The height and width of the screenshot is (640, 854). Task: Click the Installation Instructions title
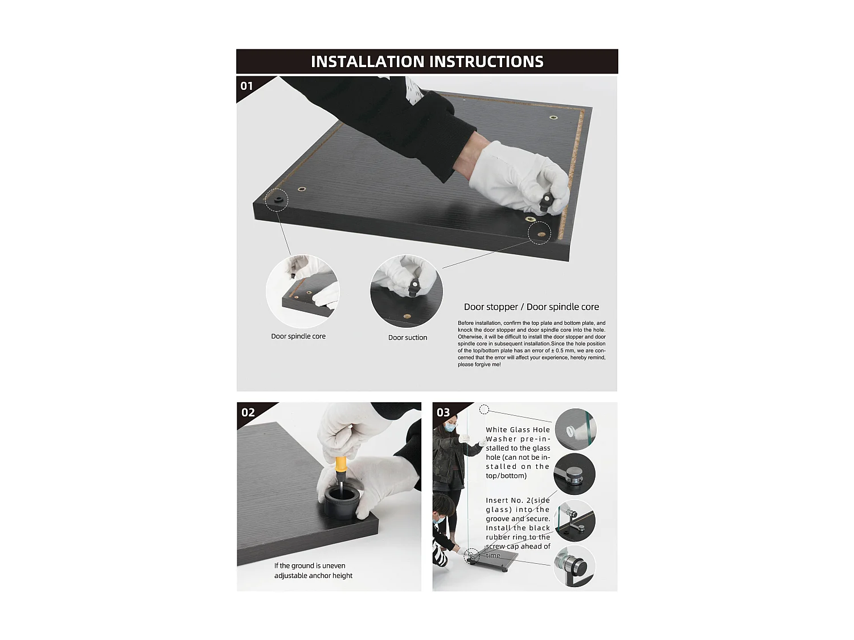pyautogui.click(x=427, y=61)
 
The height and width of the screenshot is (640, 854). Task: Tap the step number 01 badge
pyautogui.click(x=247, y=86)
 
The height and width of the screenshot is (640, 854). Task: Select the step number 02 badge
pyautogui.click(x=248, y=412)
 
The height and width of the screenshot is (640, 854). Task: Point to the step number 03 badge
pyautogui.click(x=443, y=412)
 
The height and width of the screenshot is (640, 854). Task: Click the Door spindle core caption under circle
pyautogui.click(x=298, y=336)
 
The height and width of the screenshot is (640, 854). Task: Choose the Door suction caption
pyautogui.click(x=408, y=337)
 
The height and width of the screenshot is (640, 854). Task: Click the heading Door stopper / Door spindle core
pyautogui.click(x=531, y=307)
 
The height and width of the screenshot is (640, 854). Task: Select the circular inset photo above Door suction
pyautogui.click(x=407, y=291)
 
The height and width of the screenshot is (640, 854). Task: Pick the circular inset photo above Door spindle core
pyautogui.click(x=302, y=291)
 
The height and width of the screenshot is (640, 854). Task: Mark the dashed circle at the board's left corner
pyautogui.click(x=277, y=200)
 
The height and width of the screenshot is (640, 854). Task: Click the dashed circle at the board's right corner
pyautogui.click(x=539, y=233)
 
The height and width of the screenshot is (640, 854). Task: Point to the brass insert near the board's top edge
pyautogui.click(x=553, y=118)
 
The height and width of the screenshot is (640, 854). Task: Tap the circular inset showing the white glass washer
pyautogui.click(x=574, y=429)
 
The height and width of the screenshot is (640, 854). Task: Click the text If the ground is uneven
pyautogui.click(x=310, y=565)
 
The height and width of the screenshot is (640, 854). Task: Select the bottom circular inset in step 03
pyautogui.click(x=574, y=567)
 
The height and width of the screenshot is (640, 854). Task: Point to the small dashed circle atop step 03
pyautogui.click(x=484, y=410)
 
